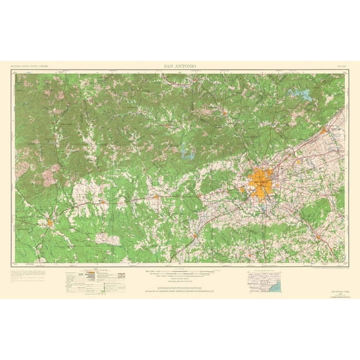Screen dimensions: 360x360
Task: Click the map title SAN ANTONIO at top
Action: tap(179, 64)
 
